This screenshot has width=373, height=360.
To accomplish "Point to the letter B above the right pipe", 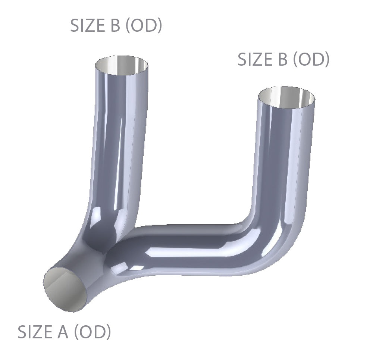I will [x=282, y=60].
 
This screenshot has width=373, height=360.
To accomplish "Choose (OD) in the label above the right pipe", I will [x=311, y=60].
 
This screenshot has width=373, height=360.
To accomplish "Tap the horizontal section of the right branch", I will [x=186, y=246].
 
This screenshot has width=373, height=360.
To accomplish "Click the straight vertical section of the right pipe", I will [x=285, y=157].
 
